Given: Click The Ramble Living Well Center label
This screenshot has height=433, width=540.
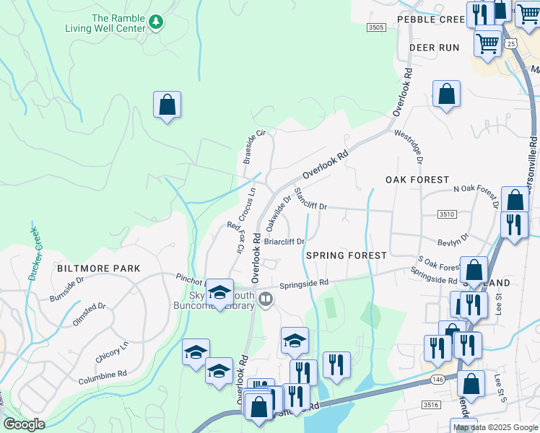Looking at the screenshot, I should pyautogui.click(x=119, y=24).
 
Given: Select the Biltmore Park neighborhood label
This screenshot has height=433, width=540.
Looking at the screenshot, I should pyautogui.click(x=98, y=268).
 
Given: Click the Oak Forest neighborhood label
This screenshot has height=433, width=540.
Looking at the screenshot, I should pyautogui.click(x=417, y=179).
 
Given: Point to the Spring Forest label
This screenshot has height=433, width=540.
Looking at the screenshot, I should pyautogui.click(x=346, y=255).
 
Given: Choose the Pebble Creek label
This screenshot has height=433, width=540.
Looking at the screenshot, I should pyautogui.click(x=430, y=19).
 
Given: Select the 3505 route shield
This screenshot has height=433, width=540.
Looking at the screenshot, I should pyautogui.click(x=375, y=27).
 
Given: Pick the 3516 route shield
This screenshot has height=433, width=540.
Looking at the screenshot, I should pyautogui.click(x=431, y=405).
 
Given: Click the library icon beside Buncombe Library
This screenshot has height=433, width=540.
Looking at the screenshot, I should pyautogui.click(x=266, y=299).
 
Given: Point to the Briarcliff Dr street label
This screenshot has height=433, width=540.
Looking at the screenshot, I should pyautogui.click(x=285, y=242).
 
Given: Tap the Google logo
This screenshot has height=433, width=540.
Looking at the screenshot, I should pyautogui.click(x=24, y=424).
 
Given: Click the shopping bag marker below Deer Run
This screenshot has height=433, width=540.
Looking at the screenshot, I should pyautogui.click(x=446, y=95).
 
